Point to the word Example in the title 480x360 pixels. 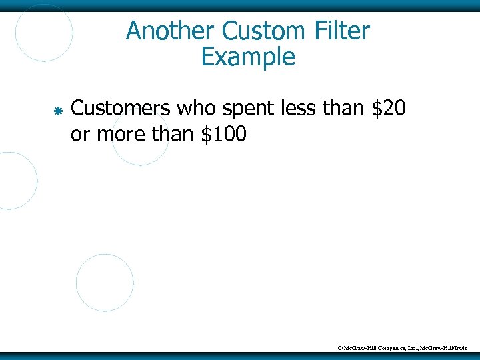point(247,57)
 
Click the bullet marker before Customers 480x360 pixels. point(57,109)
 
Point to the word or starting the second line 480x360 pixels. point(80,135)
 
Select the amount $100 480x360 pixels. point(223,135)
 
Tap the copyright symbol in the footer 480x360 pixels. point(340,348)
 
